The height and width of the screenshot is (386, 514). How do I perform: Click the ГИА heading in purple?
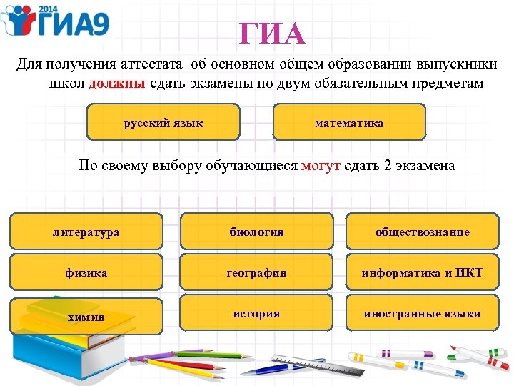coord(272,34)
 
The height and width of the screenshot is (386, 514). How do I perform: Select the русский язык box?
coord(163,122)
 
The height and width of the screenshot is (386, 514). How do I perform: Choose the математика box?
coord(349,122)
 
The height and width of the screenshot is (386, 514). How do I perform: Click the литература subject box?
coord(86,232)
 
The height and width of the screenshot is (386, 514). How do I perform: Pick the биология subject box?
coord(256,232)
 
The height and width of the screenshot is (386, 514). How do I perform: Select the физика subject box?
coord(86,272)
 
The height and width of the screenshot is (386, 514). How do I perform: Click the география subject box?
coord(256,272)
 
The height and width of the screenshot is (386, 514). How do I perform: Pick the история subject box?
coord(256,314)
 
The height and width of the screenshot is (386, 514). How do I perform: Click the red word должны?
coord(117,84)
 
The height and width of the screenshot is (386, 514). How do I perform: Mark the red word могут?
coord(321,166)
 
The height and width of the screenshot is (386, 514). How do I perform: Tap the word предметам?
coord(448,84)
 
